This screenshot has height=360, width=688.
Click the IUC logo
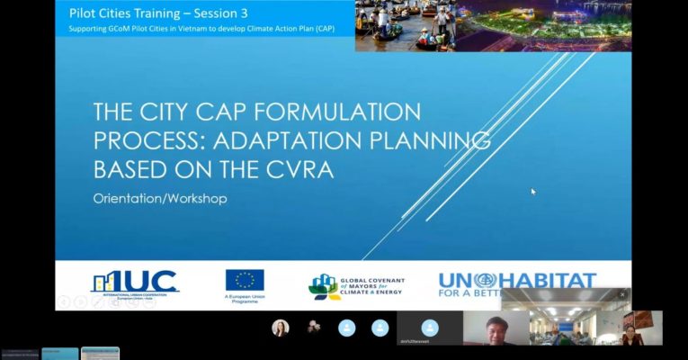[x=135, y=283]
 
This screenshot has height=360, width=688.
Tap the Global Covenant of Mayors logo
[x=357, y=286]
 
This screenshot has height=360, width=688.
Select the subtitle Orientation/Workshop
[x=160, y=198]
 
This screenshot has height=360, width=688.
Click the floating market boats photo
[x=492, y=25]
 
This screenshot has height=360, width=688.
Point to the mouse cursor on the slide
[x=533, y=191]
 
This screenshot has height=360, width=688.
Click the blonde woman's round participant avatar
[x=281, y=328]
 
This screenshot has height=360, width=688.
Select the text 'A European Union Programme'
[x=245, y=301]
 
